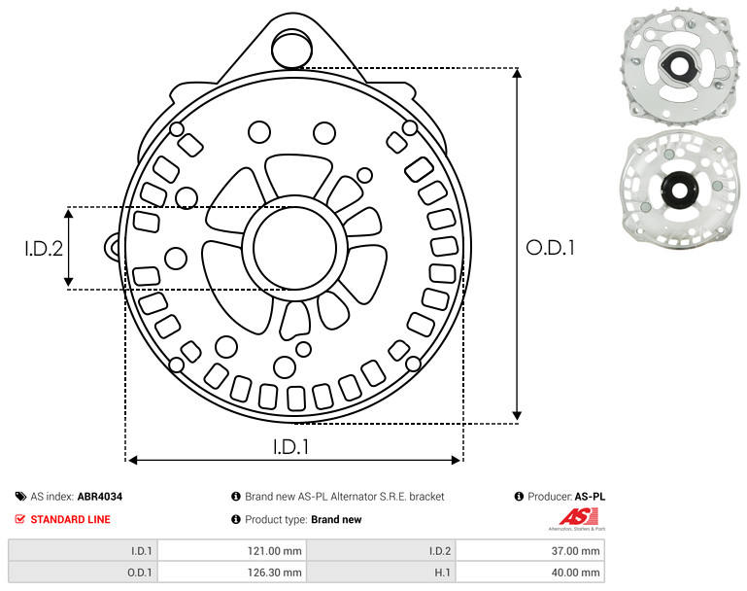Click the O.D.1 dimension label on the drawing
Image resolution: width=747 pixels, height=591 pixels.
pyautogui.click(x=550, y=248)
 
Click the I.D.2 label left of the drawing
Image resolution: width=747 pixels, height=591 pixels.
pyautogui.click(x=44, y=248)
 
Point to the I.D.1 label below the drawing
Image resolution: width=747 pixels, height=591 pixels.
pyautogui.click(x=291, y=446)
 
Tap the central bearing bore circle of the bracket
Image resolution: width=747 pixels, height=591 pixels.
pyautogui.click(x=295, y=248)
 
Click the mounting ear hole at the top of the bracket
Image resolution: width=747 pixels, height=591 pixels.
pyautogui.click(x=291, y=48)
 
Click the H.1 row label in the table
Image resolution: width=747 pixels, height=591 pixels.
pyautogui.click(x=443, y=573)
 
